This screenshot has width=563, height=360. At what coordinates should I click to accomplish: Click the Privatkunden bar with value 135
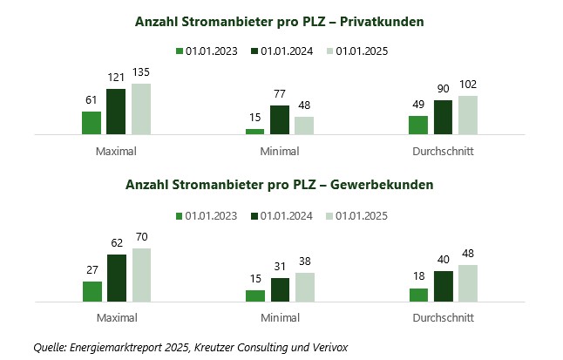141,109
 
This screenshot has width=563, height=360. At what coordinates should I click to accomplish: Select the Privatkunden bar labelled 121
116,112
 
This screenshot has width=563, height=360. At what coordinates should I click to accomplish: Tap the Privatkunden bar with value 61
92,123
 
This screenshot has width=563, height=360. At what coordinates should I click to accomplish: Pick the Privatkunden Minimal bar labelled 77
280,120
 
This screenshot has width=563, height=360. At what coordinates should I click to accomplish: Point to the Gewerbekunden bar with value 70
141,275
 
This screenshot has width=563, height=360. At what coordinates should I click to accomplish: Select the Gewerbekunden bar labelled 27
92,291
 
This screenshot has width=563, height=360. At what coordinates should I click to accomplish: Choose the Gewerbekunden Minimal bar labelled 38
304,287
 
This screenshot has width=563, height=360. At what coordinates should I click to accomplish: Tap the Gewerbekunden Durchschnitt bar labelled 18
418,295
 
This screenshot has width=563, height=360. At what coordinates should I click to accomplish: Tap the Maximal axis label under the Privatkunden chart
116,151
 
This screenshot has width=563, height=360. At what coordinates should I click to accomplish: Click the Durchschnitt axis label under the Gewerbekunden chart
444,318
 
